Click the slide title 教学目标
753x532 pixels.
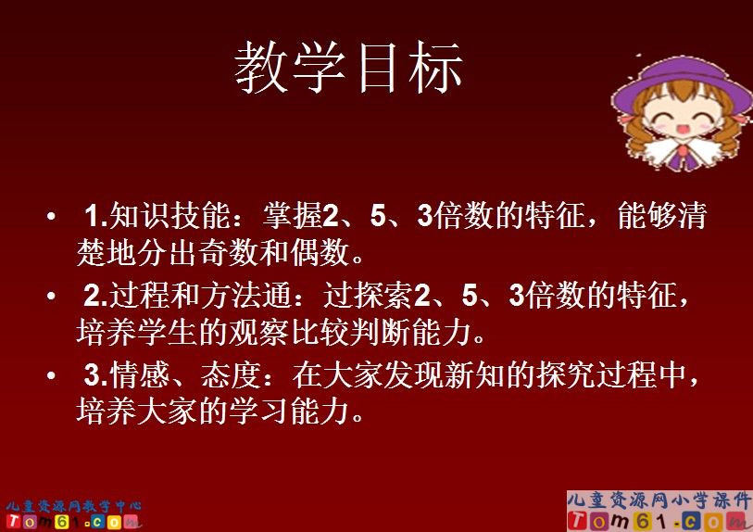tap(347, 69)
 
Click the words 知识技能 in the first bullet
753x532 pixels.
tap(163, 217)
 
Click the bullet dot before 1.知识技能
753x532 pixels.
tap(51, 218)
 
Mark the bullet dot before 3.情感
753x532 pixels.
tap(51, 377)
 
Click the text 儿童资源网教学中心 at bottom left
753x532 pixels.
tap(73, 506)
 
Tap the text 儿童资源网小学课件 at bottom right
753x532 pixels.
tap(659, 500)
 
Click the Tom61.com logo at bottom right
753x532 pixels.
tap(659, 521)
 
